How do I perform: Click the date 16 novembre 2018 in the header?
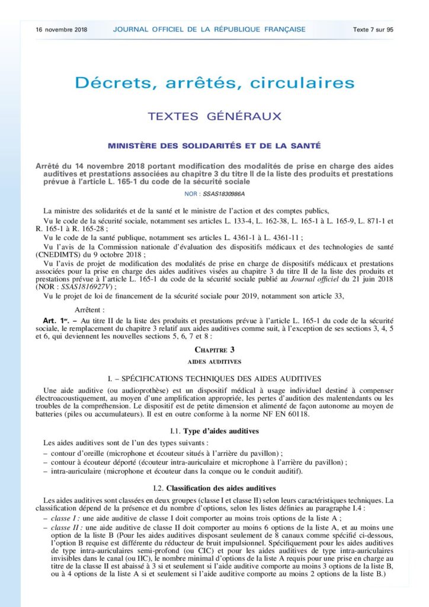click(60, 29)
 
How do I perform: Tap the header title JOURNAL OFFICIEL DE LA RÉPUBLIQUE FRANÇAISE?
click(209, 29)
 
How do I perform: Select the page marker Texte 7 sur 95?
click(373, 29)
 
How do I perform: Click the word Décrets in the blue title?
click(108, 83)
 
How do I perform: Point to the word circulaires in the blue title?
click(302, 83)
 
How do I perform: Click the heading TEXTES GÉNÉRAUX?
click(214, 116)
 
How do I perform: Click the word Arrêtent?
click(90, 309)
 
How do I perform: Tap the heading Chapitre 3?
click(214, 349)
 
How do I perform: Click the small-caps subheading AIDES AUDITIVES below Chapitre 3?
click(214, 360)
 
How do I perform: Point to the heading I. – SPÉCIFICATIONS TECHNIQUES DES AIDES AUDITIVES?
click(214, 378)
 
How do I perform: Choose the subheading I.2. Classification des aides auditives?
click(214, 488)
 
